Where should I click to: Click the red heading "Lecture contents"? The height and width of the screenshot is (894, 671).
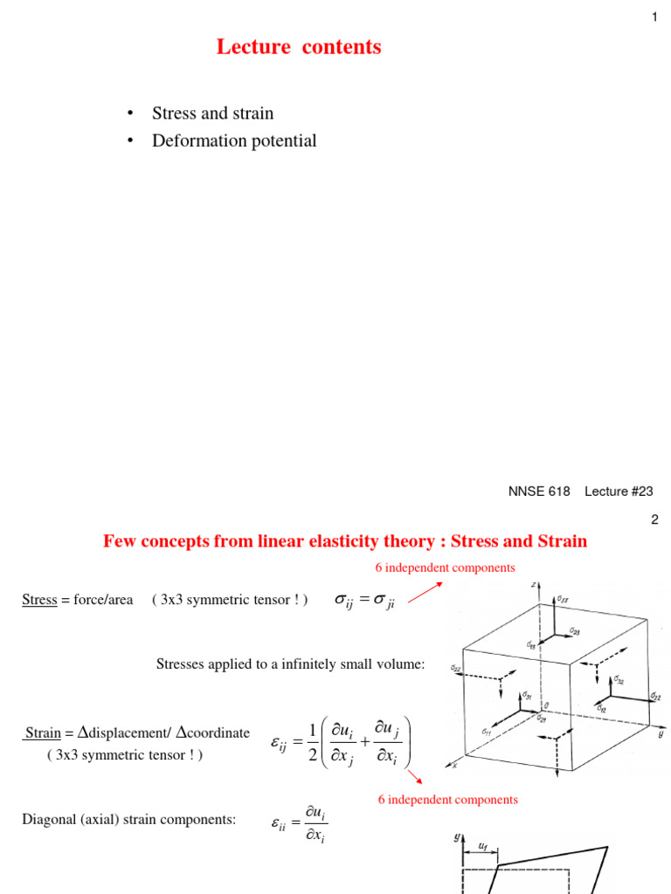point(299,47)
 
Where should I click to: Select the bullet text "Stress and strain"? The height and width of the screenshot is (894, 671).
point(212,113)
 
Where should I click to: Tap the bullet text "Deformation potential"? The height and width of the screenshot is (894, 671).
point(234,141)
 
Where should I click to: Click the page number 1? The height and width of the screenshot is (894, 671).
point(654,17)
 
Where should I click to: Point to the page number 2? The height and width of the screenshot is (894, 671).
point(654,519)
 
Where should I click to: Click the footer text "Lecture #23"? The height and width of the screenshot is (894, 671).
point(619,492)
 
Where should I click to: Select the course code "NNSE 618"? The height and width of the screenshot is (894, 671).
point(539,492)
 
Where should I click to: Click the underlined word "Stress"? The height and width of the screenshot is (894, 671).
point(38,600)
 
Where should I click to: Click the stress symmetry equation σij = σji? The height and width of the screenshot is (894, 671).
point(365,601)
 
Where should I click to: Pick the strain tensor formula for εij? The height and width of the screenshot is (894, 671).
point(341,744)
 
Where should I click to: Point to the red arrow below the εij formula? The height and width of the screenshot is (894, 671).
point(414,777)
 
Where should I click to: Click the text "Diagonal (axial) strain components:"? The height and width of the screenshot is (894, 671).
point(128,819)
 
